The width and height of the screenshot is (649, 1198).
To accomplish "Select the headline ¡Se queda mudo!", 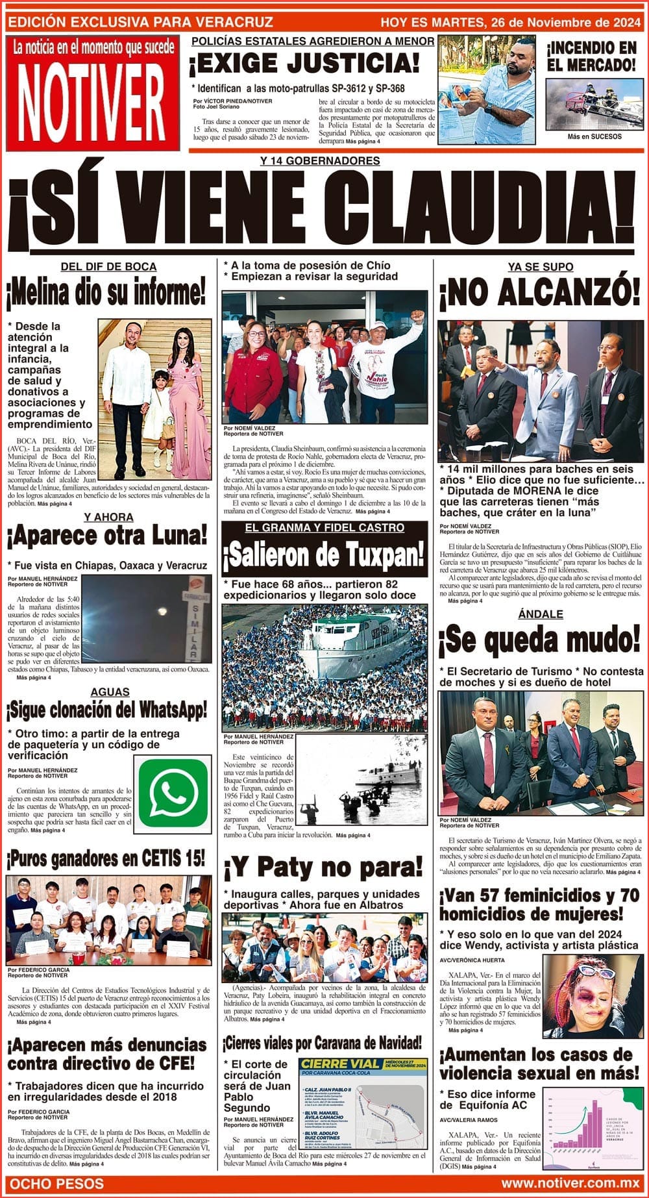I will (540, 640).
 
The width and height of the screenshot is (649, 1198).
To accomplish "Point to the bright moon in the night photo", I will (160, 611).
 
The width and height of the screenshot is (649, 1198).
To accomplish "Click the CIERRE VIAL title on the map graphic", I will (341, 1064).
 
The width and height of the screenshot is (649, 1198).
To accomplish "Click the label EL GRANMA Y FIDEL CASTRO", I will (324, 528).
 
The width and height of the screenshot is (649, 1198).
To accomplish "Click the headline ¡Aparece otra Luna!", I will (107, 536).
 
